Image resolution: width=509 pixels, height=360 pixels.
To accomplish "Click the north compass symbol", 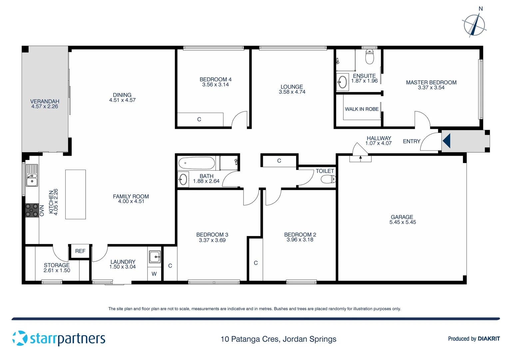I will pyautogui.click(x=474, y=25).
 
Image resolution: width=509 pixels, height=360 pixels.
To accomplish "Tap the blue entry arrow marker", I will pyautogui.click(x=446, y=141).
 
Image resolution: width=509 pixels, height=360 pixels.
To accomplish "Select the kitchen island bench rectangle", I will pyautogui.click(x=76, y=194).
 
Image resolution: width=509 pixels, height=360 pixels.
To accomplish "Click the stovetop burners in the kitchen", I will pyautogui.click(x=32, y=211).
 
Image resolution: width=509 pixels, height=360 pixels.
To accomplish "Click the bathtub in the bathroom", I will pyautogui.click(x=197, y=163).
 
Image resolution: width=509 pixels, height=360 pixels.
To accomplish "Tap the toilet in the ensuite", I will pyautogui.click(x=369, y=57).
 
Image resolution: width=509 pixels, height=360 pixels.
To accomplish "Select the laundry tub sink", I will pyautogui.click(x=155, y=257).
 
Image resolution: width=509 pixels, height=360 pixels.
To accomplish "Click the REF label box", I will pyautogui.click(x=80, y=251).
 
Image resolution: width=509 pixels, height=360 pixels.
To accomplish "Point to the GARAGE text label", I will pyautogui.click(x=402, y=217).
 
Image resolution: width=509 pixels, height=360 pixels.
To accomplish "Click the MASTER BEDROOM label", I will pyautogui.click(x=431, y=82).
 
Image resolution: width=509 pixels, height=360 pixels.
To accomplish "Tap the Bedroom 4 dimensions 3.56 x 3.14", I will pyautogui.click(x=216, y=85).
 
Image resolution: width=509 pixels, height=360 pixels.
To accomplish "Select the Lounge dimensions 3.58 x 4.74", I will pyautogui.click(x=292, y=92).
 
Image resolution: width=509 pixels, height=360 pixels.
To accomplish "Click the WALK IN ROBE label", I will pyautogui.click(x=361, y=109).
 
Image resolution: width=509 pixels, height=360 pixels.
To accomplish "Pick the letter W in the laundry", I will pyautogui.click(x=154, y=274).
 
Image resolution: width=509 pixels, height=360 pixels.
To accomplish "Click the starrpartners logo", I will pyautogui.click(x=59, y=338).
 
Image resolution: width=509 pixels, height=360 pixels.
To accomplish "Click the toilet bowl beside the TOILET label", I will pyautogui.click(x=328, y=180).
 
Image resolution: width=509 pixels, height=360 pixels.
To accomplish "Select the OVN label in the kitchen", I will pyautogui.click(x=42, y=211).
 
